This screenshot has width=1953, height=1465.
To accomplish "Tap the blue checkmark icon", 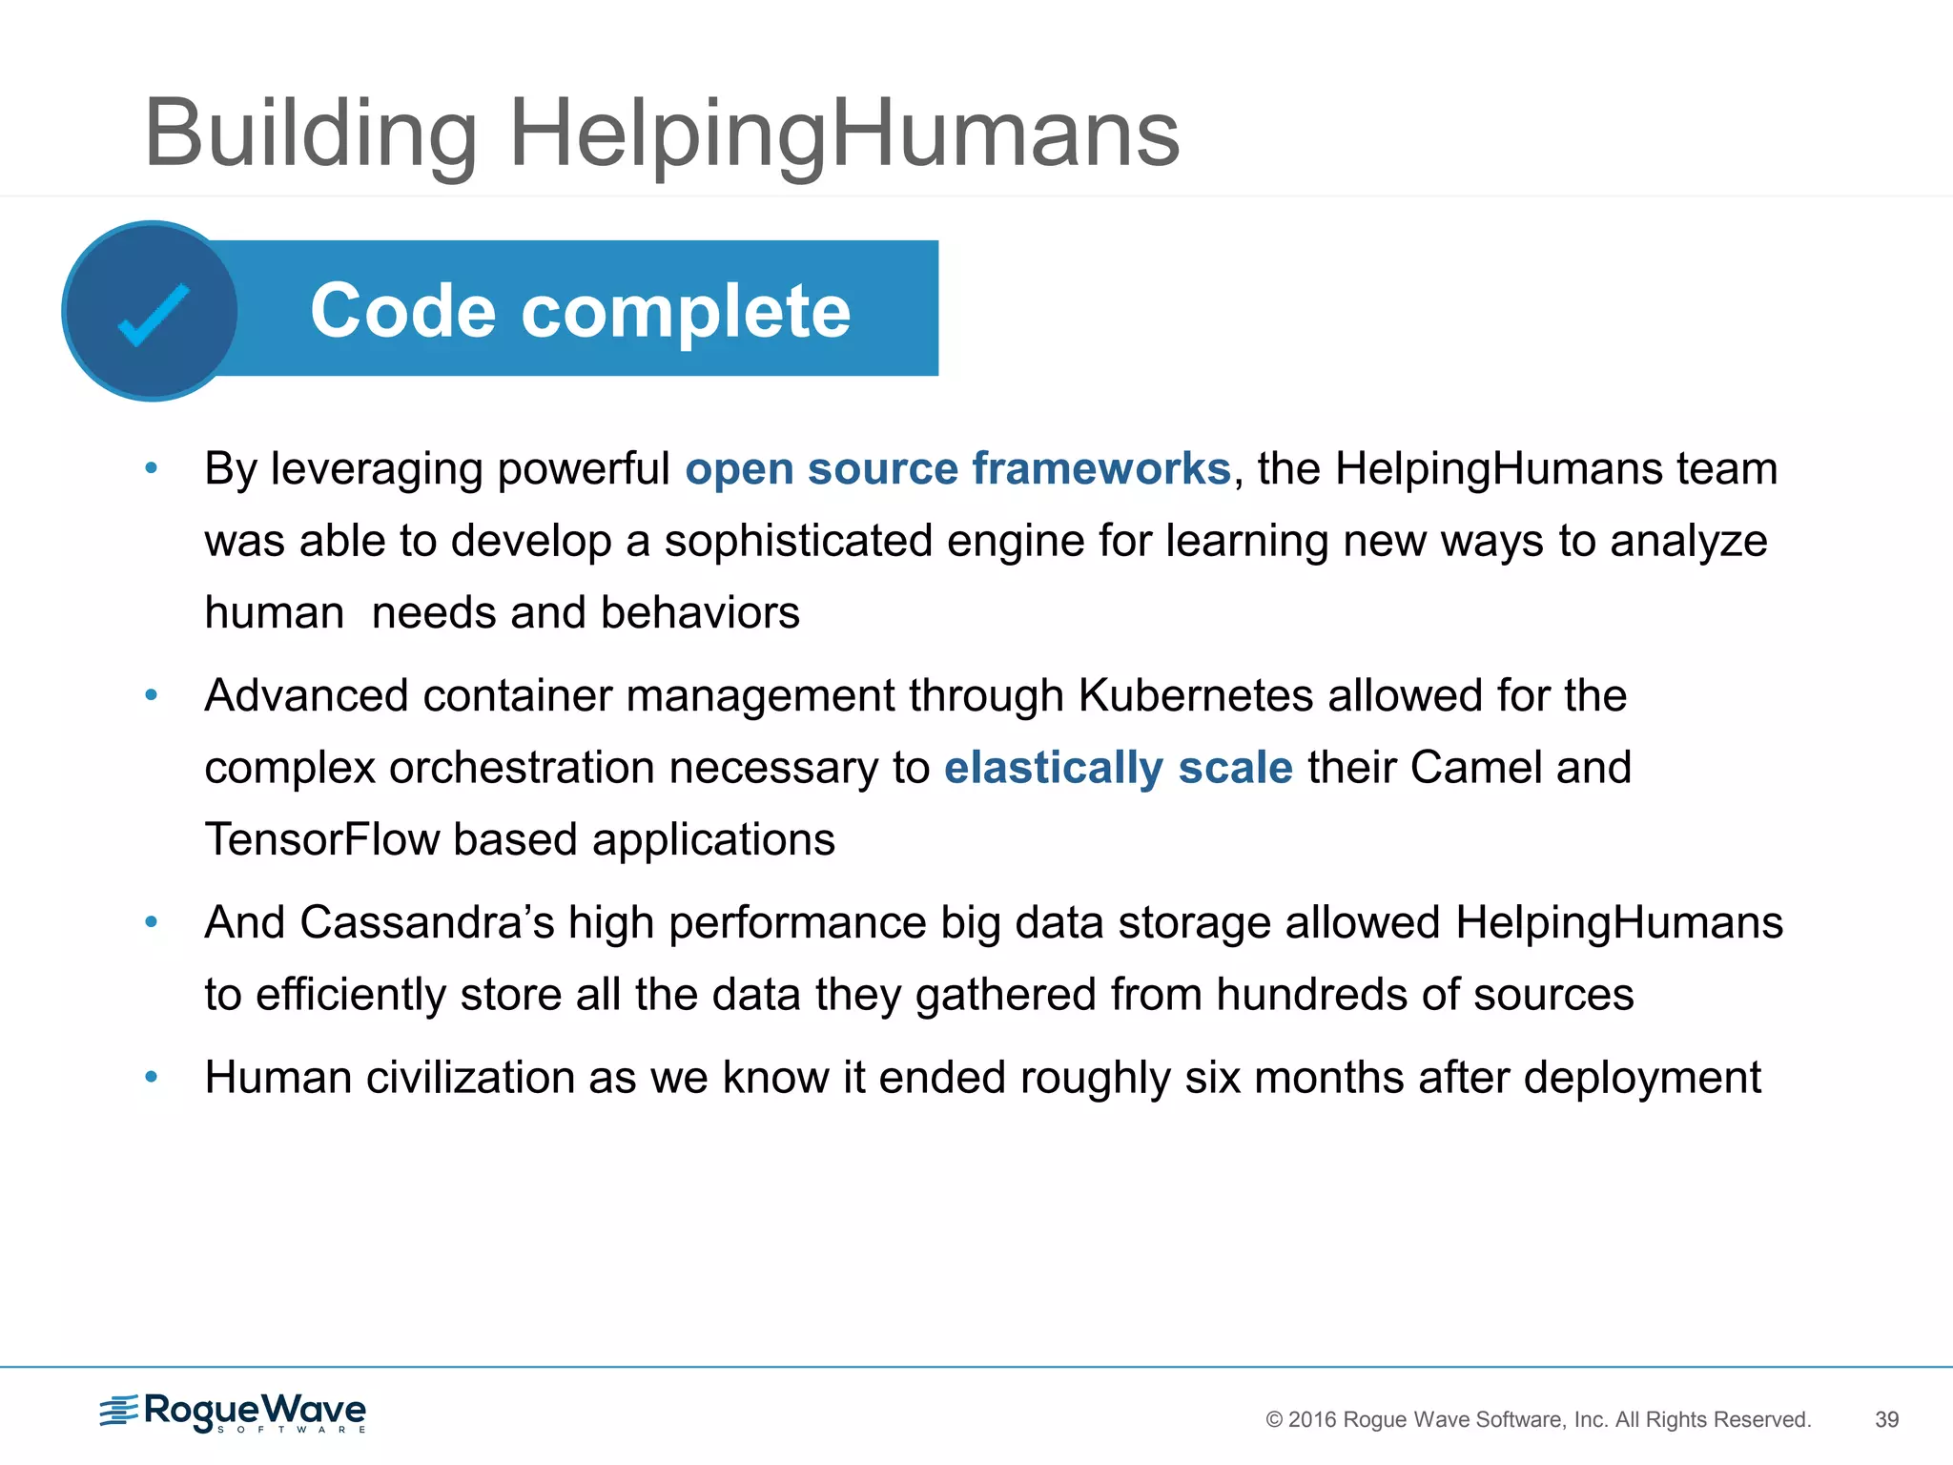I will click(x=153, y=314).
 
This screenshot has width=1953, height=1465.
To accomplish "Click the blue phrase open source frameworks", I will click(x=957, y=468).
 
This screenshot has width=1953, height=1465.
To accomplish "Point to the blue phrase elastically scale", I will click(x=1118, y=768).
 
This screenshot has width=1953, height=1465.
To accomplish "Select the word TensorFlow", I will click(x=322, y=840).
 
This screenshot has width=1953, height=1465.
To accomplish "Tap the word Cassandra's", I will click(x=426, y=922).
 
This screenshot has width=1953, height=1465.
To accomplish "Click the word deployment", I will click(x=1641, y=1078).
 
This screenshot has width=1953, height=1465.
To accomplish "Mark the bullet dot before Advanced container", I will click(x=151, y=695).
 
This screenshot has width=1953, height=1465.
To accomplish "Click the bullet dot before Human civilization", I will click(x=151, y=1078).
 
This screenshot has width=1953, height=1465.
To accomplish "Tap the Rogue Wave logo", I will click(x=233, y=1412).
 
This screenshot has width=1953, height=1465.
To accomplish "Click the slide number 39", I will click(x=1886, y=1419).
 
